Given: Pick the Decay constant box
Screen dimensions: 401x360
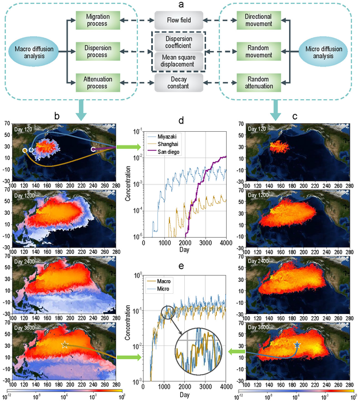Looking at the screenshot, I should click(179, 83).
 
